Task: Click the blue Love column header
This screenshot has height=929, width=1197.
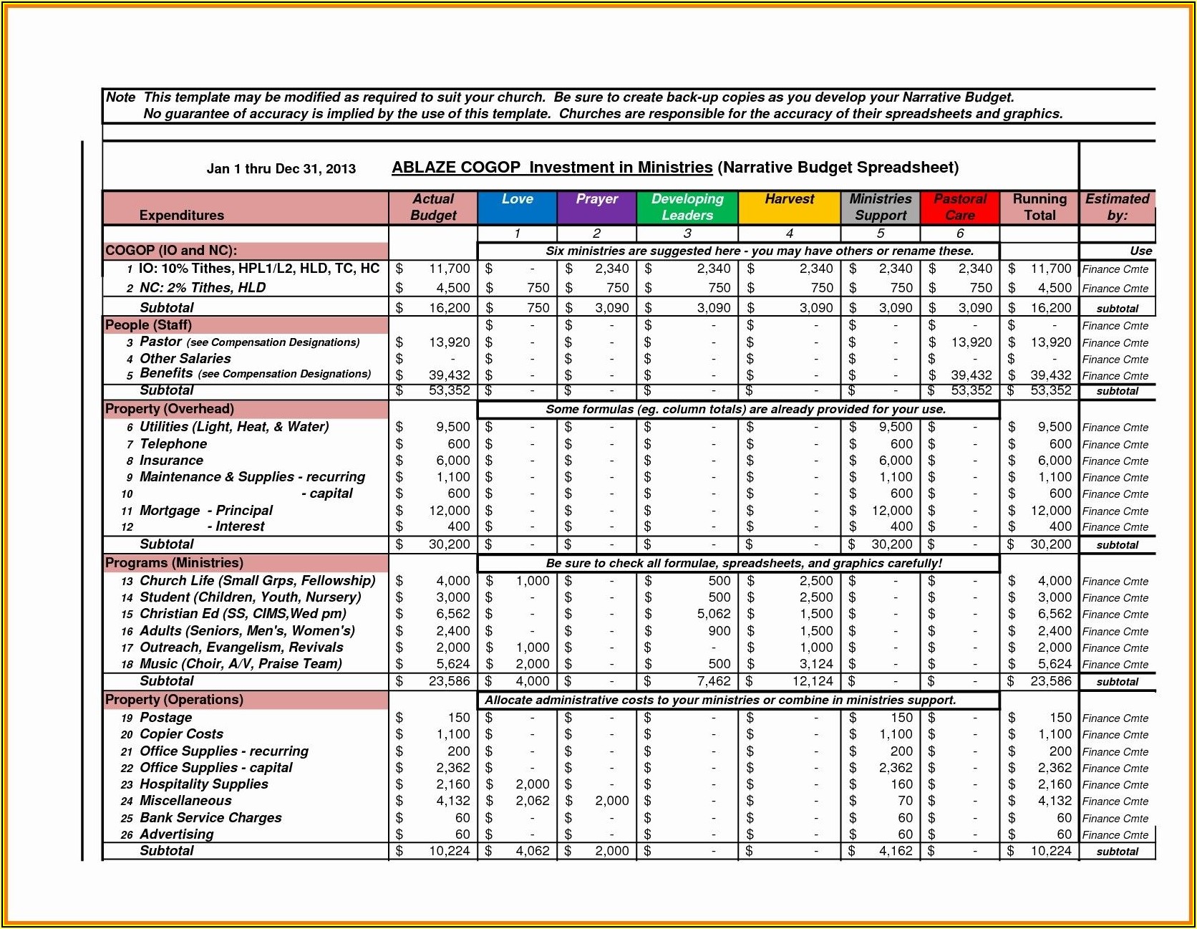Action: point(517,207)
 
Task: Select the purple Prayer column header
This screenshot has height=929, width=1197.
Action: point(596,207)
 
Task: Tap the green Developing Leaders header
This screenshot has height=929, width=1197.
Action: point(687,207)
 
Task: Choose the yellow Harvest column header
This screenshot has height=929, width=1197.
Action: point(789,207)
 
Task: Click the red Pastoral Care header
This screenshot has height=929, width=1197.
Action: point(959,207)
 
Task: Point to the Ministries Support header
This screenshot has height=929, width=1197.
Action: point(881,207)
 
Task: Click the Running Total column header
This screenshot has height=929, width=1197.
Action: point(1039,207)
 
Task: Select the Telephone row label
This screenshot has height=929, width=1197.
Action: point(173,444)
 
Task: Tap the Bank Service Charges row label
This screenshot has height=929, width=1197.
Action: point(210,818)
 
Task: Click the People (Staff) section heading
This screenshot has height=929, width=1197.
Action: point(148,325)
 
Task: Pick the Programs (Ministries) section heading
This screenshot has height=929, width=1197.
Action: point(174,563)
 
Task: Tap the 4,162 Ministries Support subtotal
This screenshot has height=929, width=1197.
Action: point(896,851)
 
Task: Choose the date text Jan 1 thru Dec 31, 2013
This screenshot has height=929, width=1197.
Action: point(281,169)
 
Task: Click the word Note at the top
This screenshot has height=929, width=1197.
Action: point(120,97)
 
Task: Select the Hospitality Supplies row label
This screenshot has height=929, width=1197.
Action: point(203,784)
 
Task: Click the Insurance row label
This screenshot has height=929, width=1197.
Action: point(171,461)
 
